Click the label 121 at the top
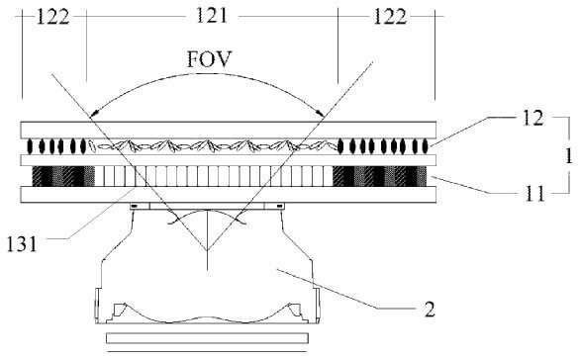(x=212, y=16)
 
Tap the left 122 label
(x=52, y=17)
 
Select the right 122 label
(x=390, y=17)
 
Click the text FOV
(x=209, y=59)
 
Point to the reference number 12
(x=532, y=119)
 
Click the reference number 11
(x=534, y=193)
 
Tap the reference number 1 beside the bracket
(x=569, y=155)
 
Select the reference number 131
(x=22, y=244)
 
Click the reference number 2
(x=430, y=310)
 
